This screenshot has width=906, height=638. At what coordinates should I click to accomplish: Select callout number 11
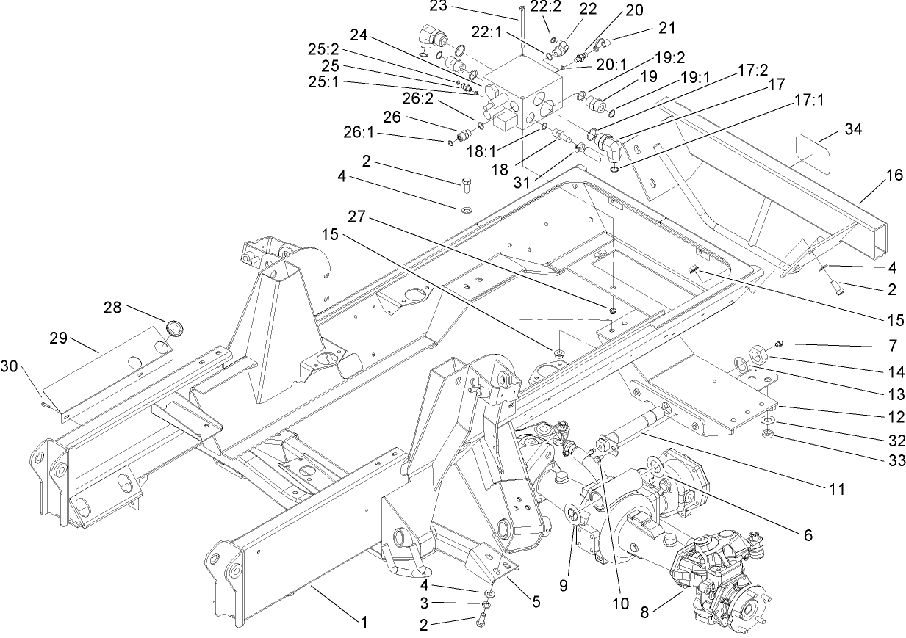click(x=835, y=487)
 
